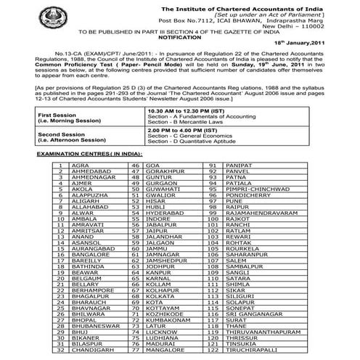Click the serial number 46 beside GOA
point(135,166)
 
